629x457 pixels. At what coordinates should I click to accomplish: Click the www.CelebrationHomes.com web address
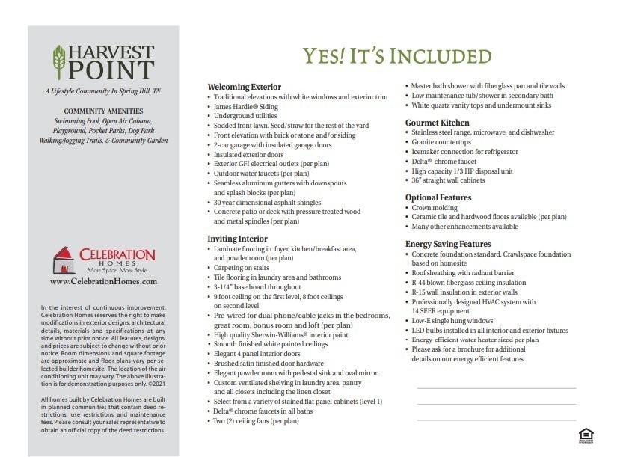[x=103, y=282]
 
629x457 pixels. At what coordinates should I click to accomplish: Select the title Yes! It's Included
[x=397, y=56]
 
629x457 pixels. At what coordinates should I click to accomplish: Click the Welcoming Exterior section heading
[x=244, y=87]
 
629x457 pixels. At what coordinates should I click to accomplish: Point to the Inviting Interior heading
[x=237, y=238]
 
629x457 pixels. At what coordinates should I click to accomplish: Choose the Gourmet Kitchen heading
[x=438, y=122]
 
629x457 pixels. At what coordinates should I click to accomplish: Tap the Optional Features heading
[x=438, y=197]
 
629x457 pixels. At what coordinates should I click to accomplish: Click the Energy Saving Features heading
[x=448, y=244]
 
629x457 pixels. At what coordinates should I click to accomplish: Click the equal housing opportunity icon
[x=585, y=435]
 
